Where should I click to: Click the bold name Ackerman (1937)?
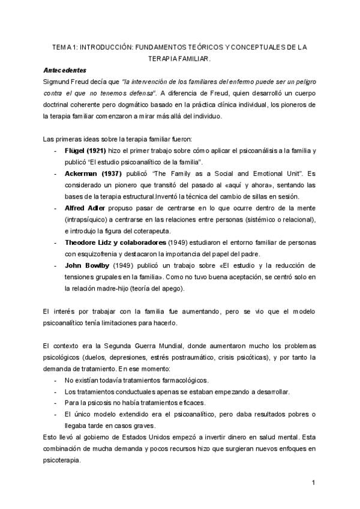[92, 173]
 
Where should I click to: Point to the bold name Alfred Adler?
[86, 208]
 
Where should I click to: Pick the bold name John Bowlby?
[87, 265]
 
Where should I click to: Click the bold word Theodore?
[83, 242]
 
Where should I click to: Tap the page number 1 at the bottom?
[314, 483]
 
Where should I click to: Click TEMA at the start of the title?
[61, 46]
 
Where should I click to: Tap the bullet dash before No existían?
[55, 381]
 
